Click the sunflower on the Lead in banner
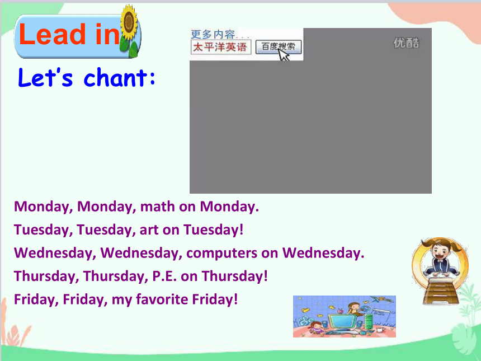(x=129, y=31)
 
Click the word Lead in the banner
(x=52, y=34)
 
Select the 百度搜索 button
(x=279, y=47)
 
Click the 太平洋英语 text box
(x=221, y=47)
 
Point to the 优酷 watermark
(x=406, y=43)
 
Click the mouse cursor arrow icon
(x=284, y=55)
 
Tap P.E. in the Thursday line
(x=164, y=276)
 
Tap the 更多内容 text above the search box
(x=213, y=34)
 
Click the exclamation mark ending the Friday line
(x=236, y=299)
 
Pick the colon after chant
(x=153, y=77)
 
